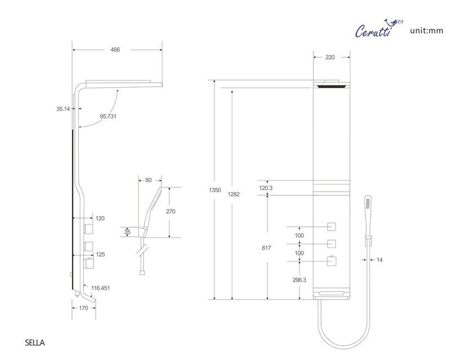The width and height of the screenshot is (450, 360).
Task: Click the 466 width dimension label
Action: [115, 49]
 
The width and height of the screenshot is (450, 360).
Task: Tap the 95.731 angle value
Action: [108, 116]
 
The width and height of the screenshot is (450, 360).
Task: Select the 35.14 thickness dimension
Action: [63, 109]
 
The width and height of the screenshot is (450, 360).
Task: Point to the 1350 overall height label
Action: [215, 190]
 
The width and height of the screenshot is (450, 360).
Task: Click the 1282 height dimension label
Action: [233, 195]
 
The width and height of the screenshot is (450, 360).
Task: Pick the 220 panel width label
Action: [330, 57]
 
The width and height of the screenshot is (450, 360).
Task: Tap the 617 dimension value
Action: [266, 247]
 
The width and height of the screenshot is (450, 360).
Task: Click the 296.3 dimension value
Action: [299, 280]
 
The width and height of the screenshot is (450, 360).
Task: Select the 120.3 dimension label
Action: [265, 188]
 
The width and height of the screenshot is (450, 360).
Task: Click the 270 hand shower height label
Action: [171, 211]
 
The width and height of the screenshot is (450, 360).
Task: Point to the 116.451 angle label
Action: [101, 288]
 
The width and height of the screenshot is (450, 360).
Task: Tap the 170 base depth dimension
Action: [83, 308]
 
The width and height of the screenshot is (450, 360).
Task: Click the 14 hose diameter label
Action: [379, 260]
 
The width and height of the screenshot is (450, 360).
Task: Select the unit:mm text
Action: [427, 30]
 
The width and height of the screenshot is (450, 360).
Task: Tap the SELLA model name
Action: [35, 343]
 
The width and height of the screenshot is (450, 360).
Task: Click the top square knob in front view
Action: [331, 227]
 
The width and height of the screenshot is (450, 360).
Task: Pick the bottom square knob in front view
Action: [331, 261]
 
